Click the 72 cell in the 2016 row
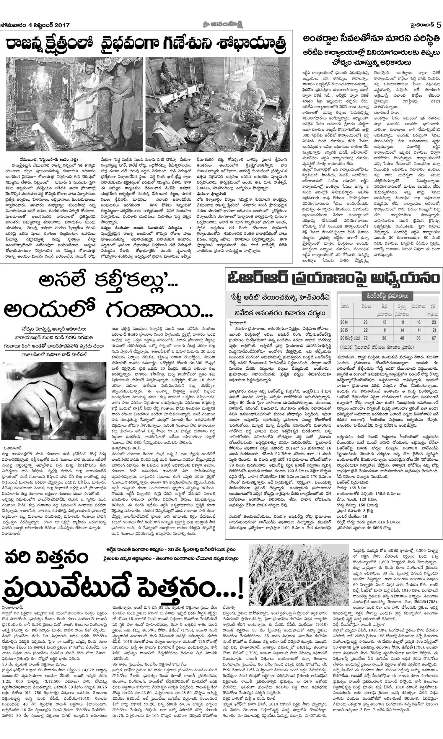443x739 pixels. [x=366, y=338]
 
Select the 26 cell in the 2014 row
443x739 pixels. [x=366, y=322]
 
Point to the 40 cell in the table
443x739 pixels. [x=402, y=338]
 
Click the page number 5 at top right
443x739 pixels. [x=439, y=25]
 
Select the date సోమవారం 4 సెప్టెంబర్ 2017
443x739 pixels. [x=35, y=25]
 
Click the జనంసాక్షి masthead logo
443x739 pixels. [x=222, y=25]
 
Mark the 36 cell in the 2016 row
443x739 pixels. [x=418, y=338]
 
